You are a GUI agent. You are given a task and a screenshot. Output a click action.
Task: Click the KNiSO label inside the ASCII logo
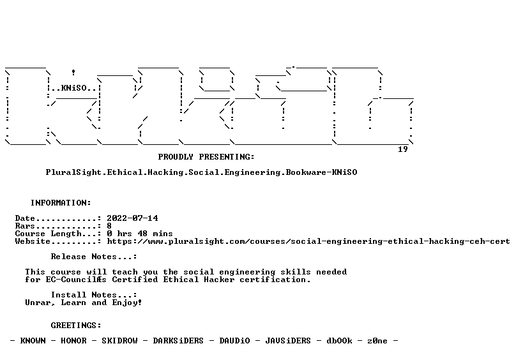pyautogui.click(x=73, y=88)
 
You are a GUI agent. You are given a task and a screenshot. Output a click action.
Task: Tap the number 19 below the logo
pyautogui.click(x=403, y=149)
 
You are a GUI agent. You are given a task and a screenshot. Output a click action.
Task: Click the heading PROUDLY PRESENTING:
pyautogui.click(x=206, y=157)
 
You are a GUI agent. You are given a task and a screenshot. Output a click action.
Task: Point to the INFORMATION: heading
pyautogui.click(x=61, y=203)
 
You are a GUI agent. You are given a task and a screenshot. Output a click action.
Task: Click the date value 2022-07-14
pyautogui.click(x=132, y=218)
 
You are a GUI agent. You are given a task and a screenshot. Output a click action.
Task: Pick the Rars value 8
pyautogui.click(x=109, y=226)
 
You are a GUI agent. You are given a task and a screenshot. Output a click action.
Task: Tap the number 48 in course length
pyautogui.click(x=142, y=234)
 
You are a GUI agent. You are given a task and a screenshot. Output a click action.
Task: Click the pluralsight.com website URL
pyautogui.click(x=308, y=241)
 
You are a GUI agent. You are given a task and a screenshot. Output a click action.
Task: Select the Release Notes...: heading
pyautogui.click(x=94, y=257)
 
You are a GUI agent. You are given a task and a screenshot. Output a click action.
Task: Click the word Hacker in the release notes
pyautogui.click(x=219, y=280)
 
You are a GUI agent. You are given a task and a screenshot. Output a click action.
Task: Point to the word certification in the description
pyautogui.click(x=275, y=280)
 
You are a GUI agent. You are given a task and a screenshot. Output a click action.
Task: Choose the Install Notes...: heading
pyautogui.click(x=94, y=295)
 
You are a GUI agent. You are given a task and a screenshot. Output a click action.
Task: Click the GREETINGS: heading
pyautogui.click(x=76, y=326)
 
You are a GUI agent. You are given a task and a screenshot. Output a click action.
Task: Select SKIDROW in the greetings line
pyautogui.click(x=119, y=341)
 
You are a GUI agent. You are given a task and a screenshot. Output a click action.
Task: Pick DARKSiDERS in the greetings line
pyautogui.click(x=178, y=341)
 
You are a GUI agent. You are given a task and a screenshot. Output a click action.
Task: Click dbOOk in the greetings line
pyautogui.click(x=339, y=341)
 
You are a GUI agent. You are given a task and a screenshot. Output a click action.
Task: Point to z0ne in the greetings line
pyautogui.click(x=377, y=341)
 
